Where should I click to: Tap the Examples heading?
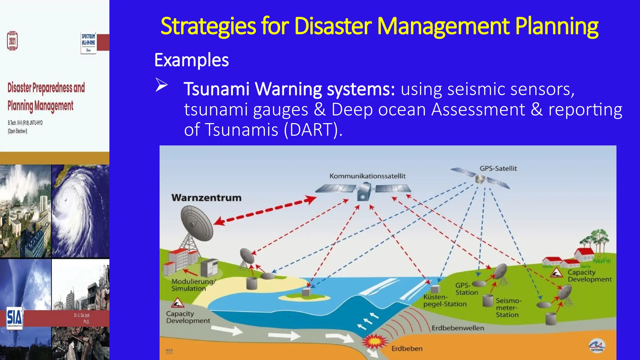191,60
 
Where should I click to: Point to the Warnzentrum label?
206,198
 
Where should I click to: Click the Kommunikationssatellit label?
367,176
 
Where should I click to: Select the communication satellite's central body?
364,191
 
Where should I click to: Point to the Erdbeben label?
407,348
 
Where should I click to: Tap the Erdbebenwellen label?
457,328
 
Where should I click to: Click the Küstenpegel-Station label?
444,300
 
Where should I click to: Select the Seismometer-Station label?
508,308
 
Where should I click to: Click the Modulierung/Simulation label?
193,285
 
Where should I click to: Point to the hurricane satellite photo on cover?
80,211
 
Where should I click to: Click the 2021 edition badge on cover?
12,41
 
